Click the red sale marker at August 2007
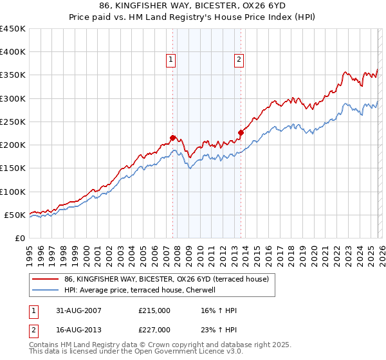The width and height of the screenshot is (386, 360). pos(172,138)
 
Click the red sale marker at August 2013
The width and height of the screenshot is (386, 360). pos(241,132)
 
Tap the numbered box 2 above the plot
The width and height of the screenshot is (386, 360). pos(239,60)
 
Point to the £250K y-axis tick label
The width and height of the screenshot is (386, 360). pos(12,122)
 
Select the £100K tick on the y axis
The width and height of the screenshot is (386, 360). pos(12,192)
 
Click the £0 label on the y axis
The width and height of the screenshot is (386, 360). pos(19,238)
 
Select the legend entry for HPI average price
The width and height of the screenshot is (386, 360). pos(143,290)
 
